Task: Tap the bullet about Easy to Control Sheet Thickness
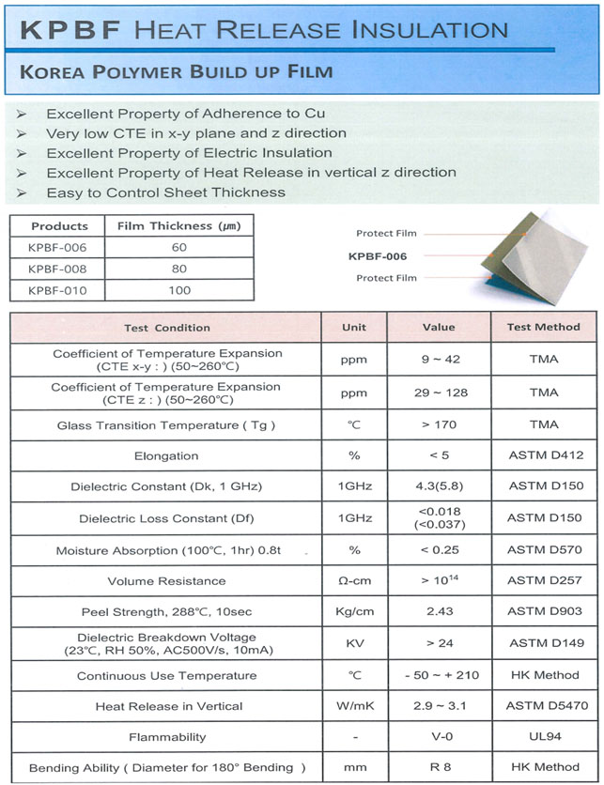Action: [x=165, y=192]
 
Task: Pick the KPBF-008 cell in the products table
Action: [x=58, y=269]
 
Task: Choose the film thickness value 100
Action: [x=178, y=290]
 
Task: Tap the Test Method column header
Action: [x=544, y=328]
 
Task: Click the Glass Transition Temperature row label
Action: [x=165, y=424]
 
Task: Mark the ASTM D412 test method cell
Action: [x=544, y=455]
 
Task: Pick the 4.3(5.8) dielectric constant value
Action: [x=439, y=486]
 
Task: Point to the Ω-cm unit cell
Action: [x=353, y=580]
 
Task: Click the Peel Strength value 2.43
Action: [x=439, y=611]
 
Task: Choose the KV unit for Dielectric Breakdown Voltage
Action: [x=353, y=643]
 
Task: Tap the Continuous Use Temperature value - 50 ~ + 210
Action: [x=439, y=675]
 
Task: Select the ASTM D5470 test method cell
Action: [x=544, y=706]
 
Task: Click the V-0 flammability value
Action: [x=439, y=737]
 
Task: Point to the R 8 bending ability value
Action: [x=439, y=767]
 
